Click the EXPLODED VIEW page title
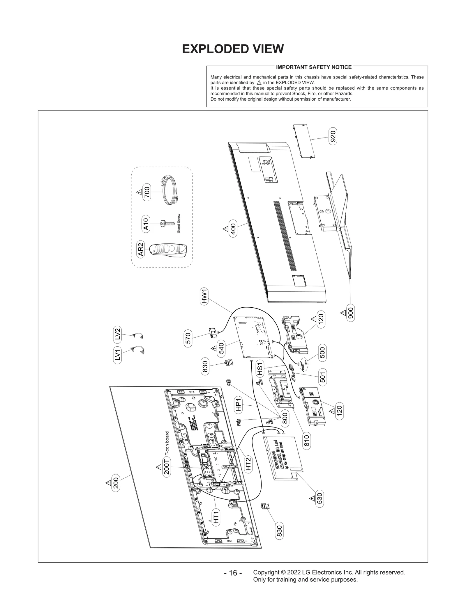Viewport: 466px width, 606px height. pyautogui.click(x=233, y=49)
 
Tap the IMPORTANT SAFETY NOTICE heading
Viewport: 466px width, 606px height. pyautogui.click(x=314, y=67)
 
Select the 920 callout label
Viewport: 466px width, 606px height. pyautogui.click(x=333, y=136)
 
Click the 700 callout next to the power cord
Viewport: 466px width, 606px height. pyautogui.click(x=147, y=192)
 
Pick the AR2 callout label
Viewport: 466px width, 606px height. pyautogui.click(x=141, y=250)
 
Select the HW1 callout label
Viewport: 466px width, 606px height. pyautogui.click(x=204, y=296)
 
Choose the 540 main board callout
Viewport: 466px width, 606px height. pyautogui.click(x=221, y=348)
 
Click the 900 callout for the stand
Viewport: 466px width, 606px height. pyautogui.click(x=351, y=313)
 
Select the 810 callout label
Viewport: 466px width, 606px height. pyautogui.click(x=306, y=441)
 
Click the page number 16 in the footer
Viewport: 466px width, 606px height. pyautogui.click(x=233, y=573)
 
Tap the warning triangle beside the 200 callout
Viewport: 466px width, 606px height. pyautogui.click(x=108, y=483)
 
